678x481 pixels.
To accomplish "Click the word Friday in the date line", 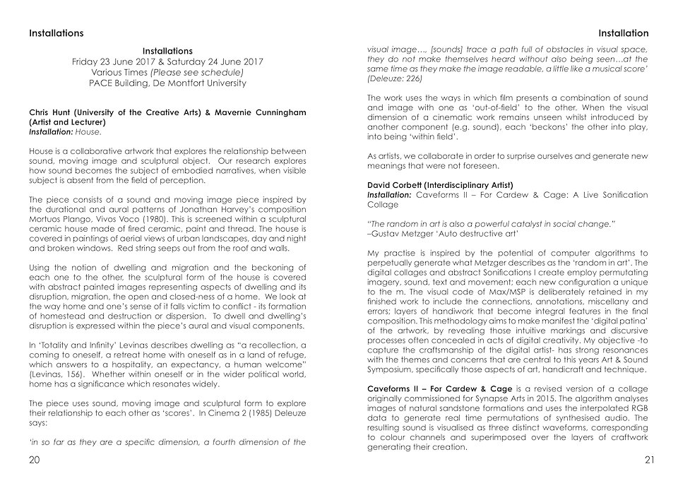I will click(x=88, y=61).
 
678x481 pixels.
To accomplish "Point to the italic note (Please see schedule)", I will click(x=201, y=72).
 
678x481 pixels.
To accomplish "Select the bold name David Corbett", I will click(x=397, y=183).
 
